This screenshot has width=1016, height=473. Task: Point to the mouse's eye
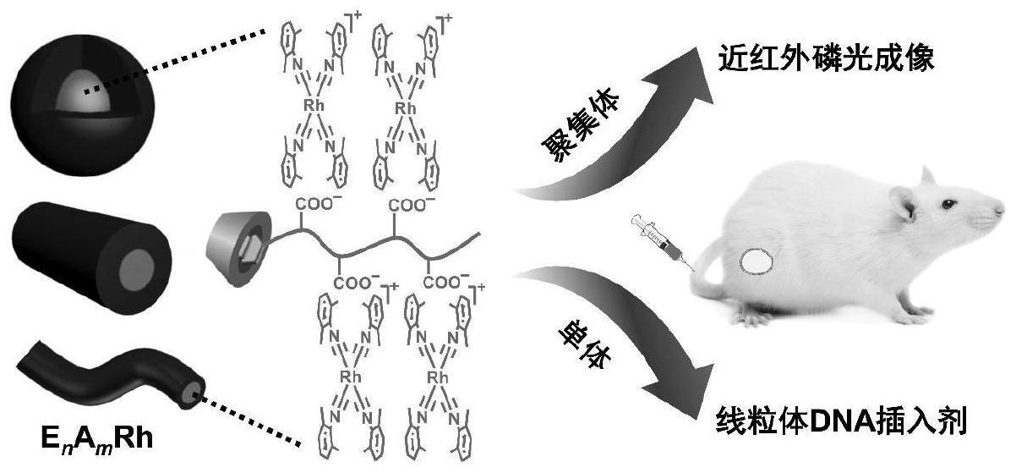[949, 204]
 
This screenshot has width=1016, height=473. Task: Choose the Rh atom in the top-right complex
[407, 108]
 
